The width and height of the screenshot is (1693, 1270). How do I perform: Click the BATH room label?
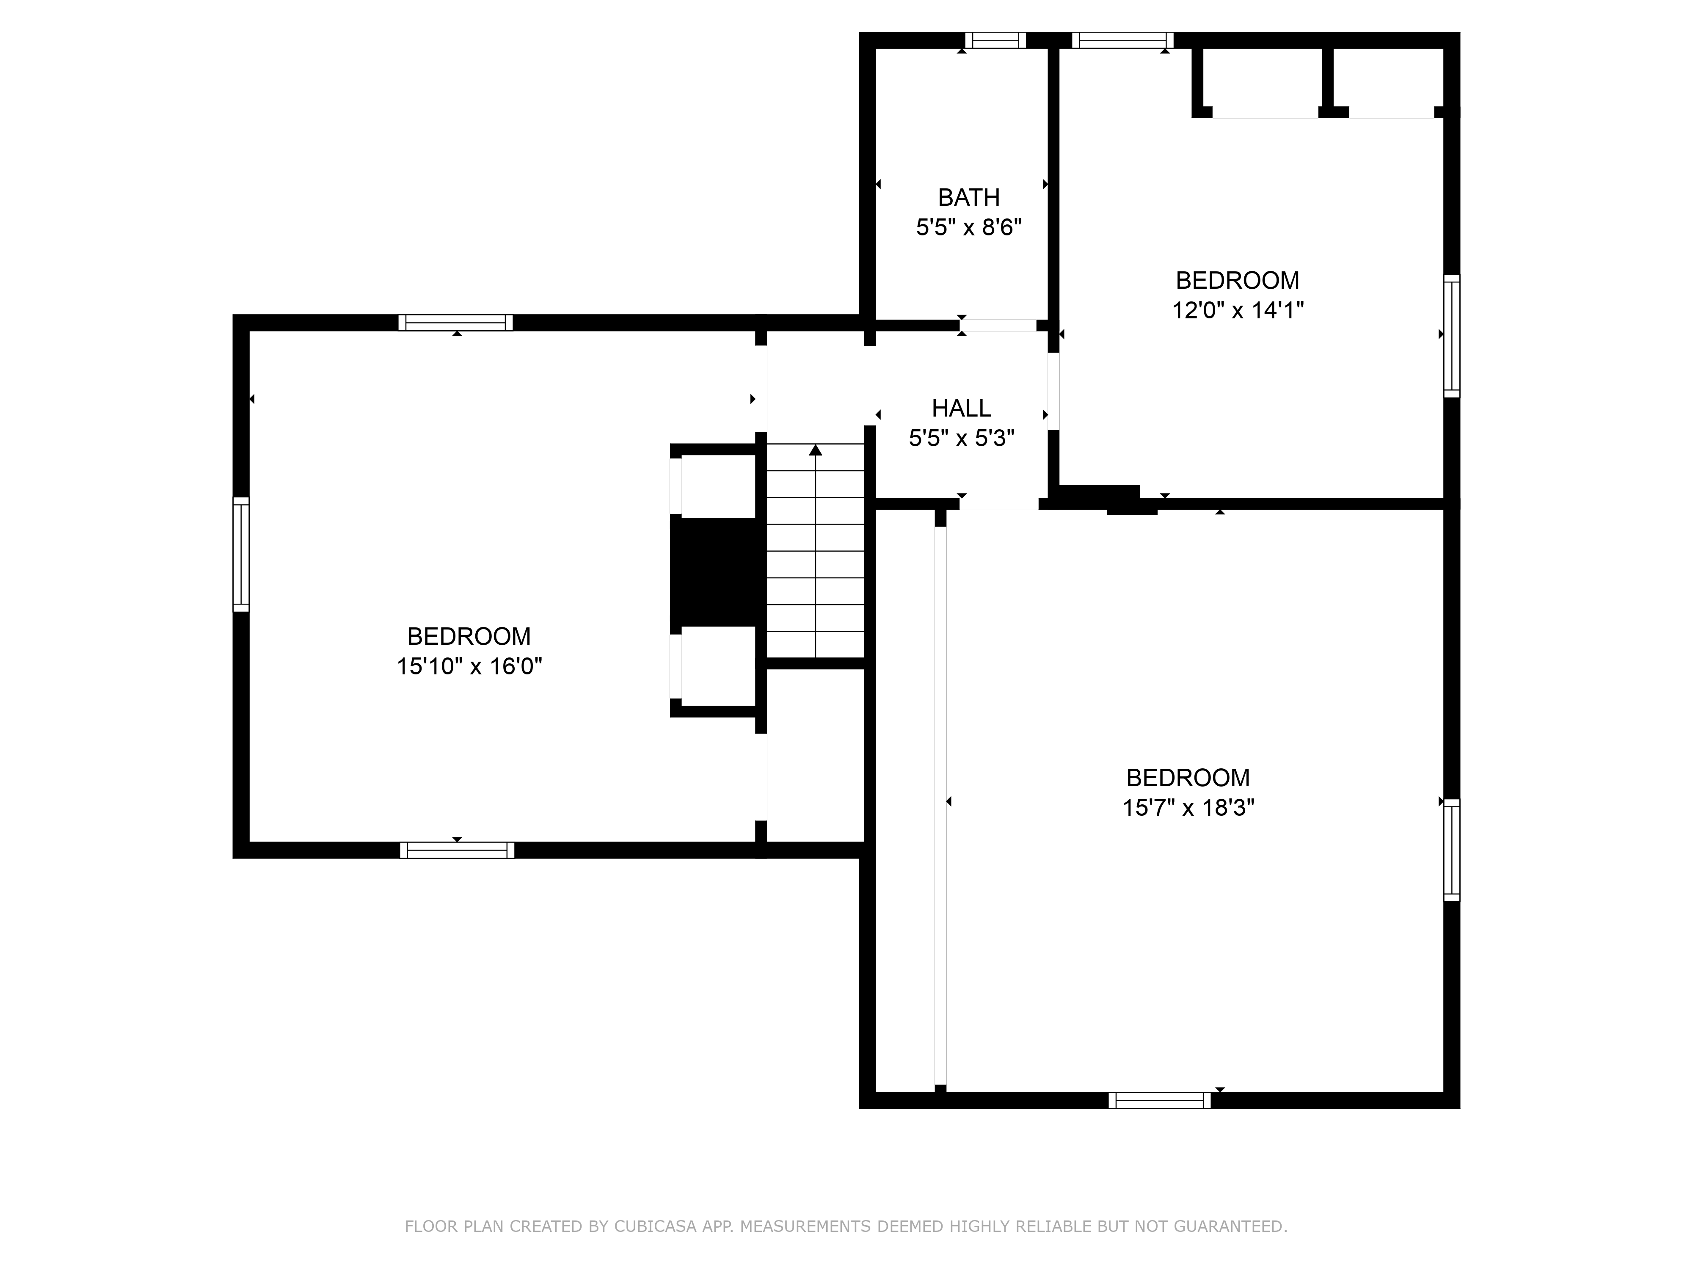968,198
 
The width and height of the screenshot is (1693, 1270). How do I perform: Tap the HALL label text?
961,408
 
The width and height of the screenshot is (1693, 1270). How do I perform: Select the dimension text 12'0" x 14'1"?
1237,310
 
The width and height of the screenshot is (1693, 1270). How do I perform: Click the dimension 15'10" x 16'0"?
469,666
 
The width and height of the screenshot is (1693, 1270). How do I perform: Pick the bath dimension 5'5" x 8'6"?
968,227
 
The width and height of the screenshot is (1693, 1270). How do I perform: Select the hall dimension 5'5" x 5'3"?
961,438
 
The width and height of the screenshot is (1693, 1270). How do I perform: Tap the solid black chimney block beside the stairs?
713,571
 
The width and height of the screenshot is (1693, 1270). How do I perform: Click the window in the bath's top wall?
995,40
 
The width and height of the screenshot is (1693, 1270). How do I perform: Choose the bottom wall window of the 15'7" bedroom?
1160,1101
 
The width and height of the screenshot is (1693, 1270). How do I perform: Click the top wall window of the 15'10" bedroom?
455,322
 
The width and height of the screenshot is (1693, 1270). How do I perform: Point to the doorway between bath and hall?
998,326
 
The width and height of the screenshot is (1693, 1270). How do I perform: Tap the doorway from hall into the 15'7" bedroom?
999,504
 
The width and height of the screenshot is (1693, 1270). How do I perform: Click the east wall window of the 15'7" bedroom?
1451,850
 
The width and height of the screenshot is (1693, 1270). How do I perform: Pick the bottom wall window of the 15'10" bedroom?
457,850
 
